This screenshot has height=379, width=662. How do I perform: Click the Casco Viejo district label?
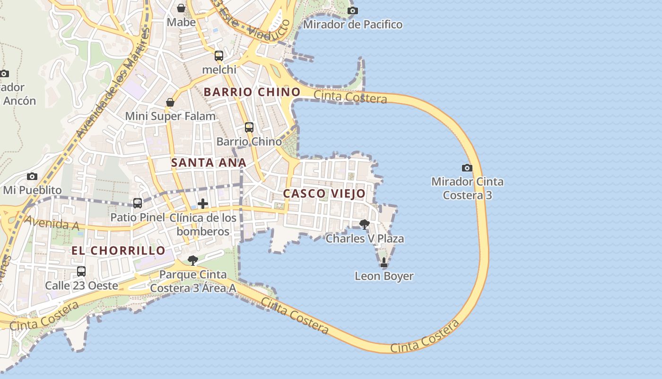pyautogui.click(x=324, y=193)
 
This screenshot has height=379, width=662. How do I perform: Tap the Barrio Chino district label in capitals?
pyautogui.click(x=252, y=92)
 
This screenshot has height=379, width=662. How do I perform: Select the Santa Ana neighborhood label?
pyautogui.click(x=209, y=162)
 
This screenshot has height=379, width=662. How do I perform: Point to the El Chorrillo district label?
pyautogui.click(x=119, y=251)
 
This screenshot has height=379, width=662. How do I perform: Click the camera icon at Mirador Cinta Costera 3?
pyautogui.click(x=467, y=168)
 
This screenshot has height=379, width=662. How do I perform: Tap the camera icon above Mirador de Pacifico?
pyautogui.click(x=352, y=10)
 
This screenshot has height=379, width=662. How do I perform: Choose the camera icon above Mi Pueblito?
pyautogui.click(x=32, y=176)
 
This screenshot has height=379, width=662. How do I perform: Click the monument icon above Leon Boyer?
pyautogui.click(x=383, y=262)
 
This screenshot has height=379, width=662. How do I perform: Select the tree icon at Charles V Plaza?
pyautogui.click(x=364, y=224)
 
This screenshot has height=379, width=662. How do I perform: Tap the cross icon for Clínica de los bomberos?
pyautogui.click(x=203, y=204)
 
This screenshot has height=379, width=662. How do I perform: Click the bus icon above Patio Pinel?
pyautogui.click(x=138, y=203)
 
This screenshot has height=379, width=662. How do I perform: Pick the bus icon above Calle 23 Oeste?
pyautogui.click(x=81, y=271)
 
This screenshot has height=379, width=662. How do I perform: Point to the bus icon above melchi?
pyautogui.click(x=218, y=55)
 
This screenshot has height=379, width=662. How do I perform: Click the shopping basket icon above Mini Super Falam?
pyautogui.click(x=170, y=102)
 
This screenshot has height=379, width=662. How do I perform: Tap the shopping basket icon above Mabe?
pyautogui.click(x=181, y=8)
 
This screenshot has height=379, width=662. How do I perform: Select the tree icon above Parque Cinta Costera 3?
pyautogui.click(x=192, y=260)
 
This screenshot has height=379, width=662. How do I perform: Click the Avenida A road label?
pyautogui.click(x=52, y=223)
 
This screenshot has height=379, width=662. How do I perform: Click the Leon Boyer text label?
pyautogui.click(x=384, y=276)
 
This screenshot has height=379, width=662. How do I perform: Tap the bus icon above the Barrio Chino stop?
pyautogui.click(x=249, y=127)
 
